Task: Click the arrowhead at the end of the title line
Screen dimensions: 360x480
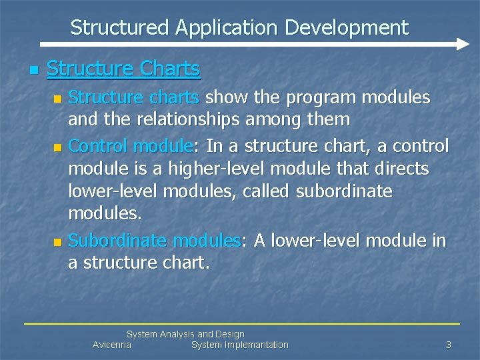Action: pyautogui.click(x=463, y=45)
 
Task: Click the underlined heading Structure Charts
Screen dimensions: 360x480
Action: pyautogui.click(x=123, y=69)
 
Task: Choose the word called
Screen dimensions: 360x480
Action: pyautogui.click(x=273, y=192)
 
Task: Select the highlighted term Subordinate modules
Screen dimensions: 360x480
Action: pyautogui.click(x=154, y=240)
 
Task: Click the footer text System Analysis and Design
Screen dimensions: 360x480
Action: pyautogui.click(x=185, y=334)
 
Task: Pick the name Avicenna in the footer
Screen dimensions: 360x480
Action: pyautogui.click(x=111, y=345)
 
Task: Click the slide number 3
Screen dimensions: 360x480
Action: pyautogui.click(x=449, y=345)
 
